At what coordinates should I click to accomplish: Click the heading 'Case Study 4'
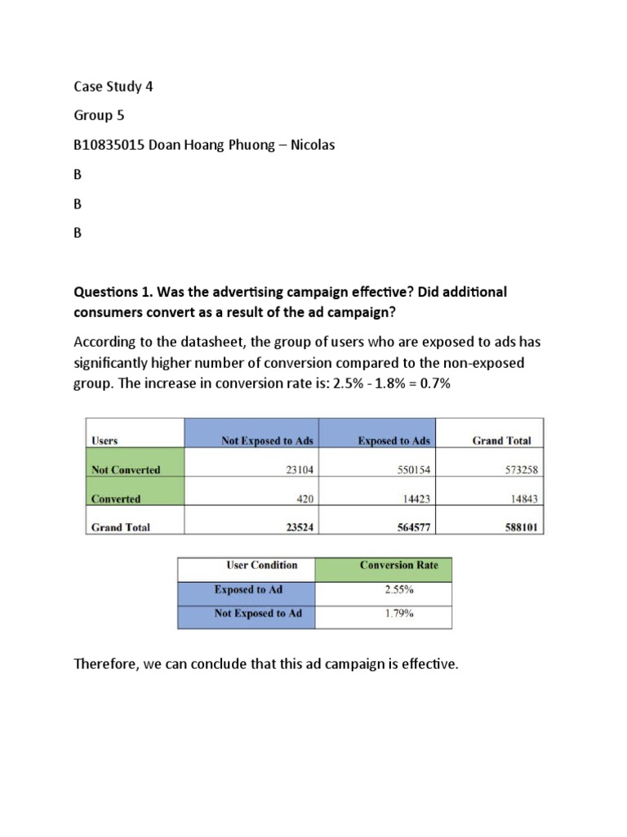tap(113, 87)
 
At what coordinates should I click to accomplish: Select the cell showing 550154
tap(411, 470)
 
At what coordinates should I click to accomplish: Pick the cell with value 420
tap(303, 499)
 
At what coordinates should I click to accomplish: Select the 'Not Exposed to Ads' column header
tap(267, 441)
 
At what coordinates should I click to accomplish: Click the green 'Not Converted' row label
tap(126, 470)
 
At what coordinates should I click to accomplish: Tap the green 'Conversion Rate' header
tap(400, 565)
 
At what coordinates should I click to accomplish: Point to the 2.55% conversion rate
tap(399, 589)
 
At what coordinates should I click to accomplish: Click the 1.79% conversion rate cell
tap(399, 614)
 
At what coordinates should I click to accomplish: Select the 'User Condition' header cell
tap(261, 565)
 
